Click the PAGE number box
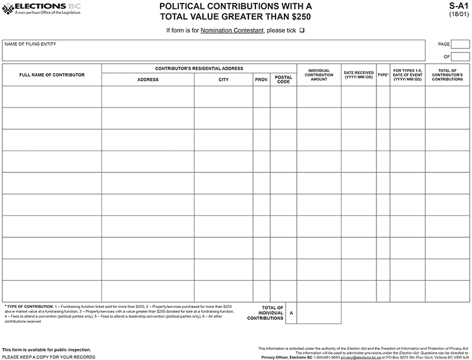click(460, 44)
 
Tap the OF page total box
click(460, 57)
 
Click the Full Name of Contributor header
click(52, 75)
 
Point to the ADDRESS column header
click(148, 80)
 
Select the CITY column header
click(224, 80)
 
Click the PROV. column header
click(261, 80)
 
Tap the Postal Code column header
click(283, 80)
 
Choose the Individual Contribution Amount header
click(319, 75)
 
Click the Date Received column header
click(359, 75)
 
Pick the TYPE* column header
click(383, 75)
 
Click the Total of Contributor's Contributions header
click(447, 75)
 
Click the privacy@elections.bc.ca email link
click(359, 357)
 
